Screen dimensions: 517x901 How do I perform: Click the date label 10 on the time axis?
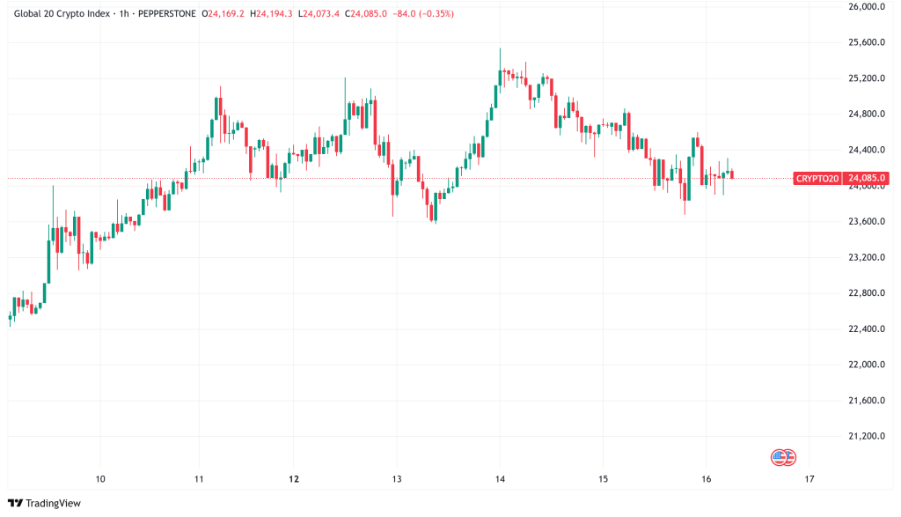coord(100,479)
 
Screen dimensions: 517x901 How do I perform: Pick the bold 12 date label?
coord(295,479)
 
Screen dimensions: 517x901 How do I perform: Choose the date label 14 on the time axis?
coord(500,479)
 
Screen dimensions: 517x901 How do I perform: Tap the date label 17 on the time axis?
coord(809,479)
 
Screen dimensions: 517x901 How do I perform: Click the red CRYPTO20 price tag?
coord(817,179)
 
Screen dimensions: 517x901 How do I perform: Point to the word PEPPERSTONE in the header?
coord(167,14)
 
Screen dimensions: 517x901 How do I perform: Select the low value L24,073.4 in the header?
coord(320,14)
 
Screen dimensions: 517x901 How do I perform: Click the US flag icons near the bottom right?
coord(783,456)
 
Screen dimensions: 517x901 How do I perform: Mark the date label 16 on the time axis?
coord(706,479)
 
